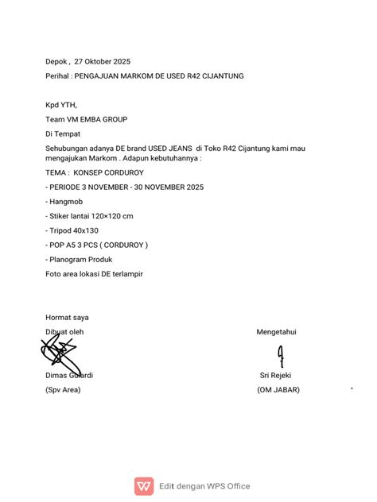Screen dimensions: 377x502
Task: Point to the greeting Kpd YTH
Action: tap(61, 105)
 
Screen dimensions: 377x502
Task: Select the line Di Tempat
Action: tap(63, 133)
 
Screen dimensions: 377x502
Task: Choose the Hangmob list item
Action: tap(66, 202)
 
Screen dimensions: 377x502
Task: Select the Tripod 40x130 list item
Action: tap(74, 230)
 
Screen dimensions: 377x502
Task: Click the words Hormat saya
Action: tap(67, 317)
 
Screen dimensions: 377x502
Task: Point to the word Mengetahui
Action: tap(276, 331)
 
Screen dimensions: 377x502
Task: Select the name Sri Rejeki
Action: tap(277, 376)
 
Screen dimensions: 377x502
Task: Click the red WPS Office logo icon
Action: tap(145, 485)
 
